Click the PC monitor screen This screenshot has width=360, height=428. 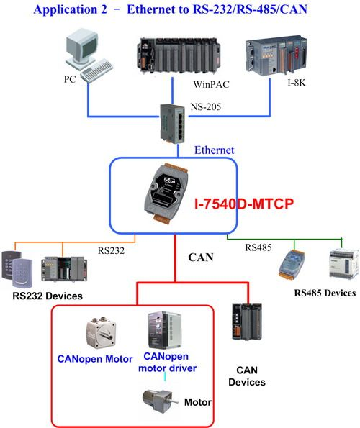[89, 47]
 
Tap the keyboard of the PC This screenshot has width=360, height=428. [96, 70]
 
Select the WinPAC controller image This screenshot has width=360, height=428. [179, 56]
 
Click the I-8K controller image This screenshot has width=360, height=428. [276, 55]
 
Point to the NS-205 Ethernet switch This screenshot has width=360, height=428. [172, 124]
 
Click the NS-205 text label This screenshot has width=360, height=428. [205, 106]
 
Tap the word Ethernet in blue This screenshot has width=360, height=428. [214, 150]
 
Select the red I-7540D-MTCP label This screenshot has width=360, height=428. [244, 204]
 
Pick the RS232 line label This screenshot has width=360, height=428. [111, 250]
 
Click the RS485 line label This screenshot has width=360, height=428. [258, 247]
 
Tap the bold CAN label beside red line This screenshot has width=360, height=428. [201, 257]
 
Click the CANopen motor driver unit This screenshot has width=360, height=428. [165, 331]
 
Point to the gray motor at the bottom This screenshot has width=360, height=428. [160, 401]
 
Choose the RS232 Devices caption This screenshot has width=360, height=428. [48, 296]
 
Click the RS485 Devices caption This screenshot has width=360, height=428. [325, 293]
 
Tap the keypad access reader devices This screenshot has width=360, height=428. [17, 269]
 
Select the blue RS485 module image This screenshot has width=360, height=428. [292, 264]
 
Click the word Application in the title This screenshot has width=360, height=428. [66, 10]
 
